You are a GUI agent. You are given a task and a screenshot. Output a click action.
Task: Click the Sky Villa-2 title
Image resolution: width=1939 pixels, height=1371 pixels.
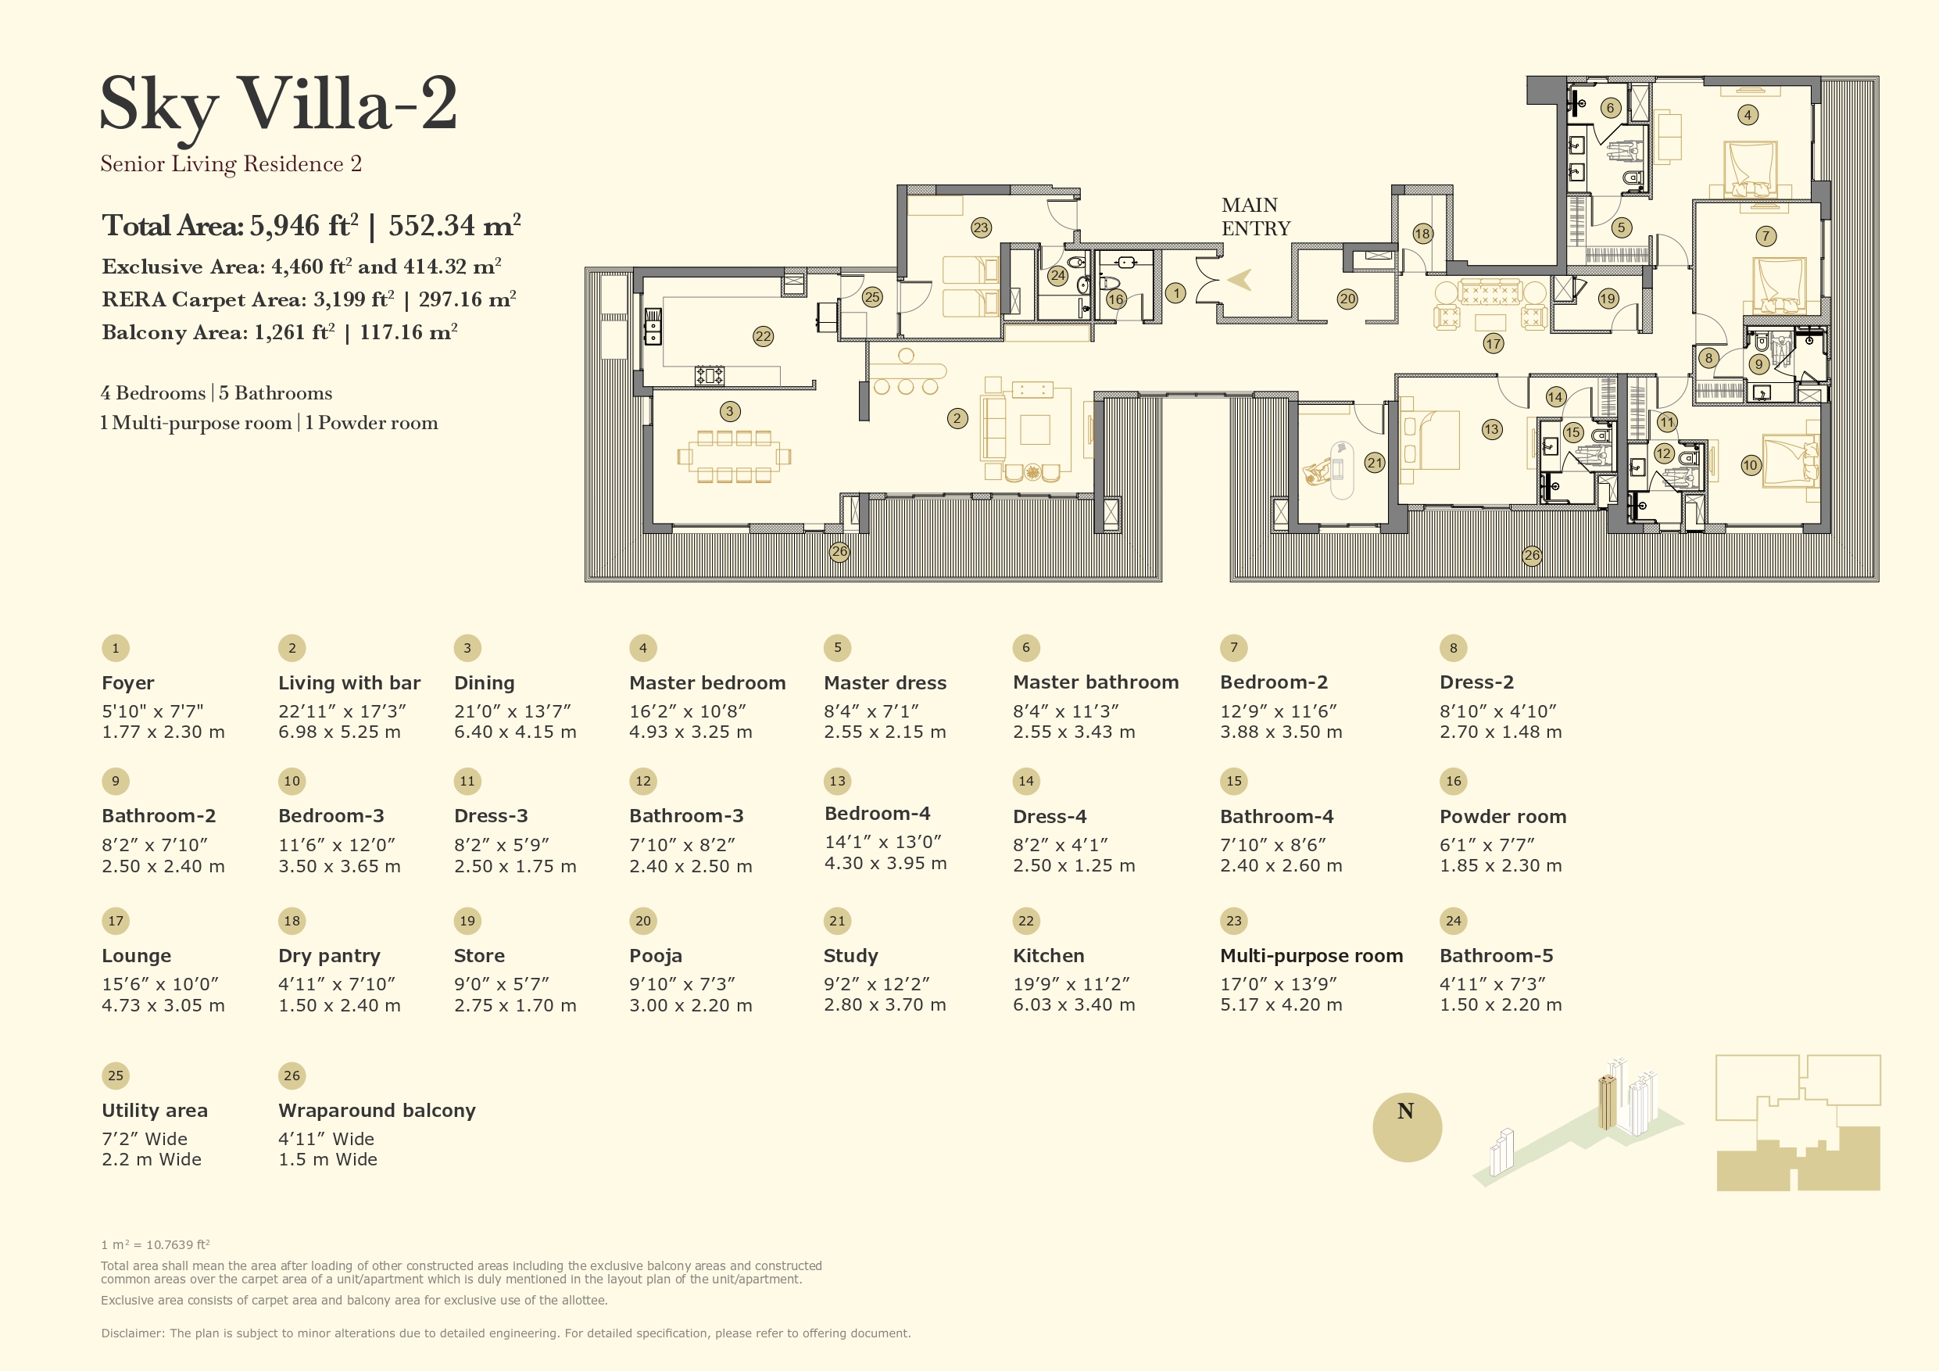click(x=279, y=106)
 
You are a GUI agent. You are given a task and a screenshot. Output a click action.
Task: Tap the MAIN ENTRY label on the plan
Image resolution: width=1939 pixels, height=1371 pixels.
click(x=1255, y=217)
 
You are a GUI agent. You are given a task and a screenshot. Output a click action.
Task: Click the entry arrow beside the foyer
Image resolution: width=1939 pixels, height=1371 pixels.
click(x=1240, y=280)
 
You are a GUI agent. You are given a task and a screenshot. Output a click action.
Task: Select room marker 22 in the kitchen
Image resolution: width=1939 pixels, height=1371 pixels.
click(x=763, y=336)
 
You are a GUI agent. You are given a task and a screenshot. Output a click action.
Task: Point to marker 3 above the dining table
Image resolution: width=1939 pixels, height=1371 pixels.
click(x=730, y=411)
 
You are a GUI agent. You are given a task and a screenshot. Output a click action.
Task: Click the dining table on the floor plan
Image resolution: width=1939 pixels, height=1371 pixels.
click(x=734, y=456)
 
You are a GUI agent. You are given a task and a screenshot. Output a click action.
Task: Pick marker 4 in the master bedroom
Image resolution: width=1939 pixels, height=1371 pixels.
click(x=1748, y=115)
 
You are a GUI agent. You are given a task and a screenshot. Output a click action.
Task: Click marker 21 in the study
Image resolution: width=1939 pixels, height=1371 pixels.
click(x=1375, y=463)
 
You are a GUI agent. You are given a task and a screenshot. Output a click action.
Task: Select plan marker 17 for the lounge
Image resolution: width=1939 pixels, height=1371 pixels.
click(x=1493, y=344)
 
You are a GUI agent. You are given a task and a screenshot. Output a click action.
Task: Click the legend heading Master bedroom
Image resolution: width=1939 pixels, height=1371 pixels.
click(x=707, y=682)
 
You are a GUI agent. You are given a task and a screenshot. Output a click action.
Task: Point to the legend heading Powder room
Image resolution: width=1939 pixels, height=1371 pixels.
click(x=1502, y=817)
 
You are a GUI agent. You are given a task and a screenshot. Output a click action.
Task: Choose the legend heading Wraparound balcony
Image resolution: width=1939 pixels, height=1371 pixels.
click(x=377, y=1111)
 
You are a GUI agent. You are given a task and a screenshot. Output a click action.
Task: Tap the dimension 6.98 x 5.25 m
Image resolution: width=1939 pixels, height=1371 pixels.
click(x=339, y=732)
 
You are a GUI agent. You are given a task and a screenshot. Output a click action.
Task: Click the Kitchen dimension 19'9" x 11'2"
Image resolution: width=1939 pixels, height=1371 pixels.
click(x=1071, y=984)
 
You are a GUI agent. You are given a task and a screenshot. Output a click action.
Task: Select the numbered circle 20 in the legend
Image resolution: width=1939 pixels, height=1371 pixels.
click(x=642, y=921)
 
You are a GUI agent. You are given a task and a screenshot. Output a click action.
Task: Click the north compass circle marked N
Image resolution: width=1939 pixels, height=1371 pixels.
click(x=1407, y=1128)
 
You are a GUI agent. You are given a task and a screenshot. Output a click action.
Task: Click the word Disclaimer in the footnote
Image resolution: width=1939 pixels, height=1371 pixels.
click(x=132, y=1333)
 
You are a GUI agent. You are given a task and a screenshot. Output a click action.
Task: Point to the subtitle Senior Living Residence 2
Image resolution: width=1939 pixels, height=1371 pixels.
click(x=231, y=164)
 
